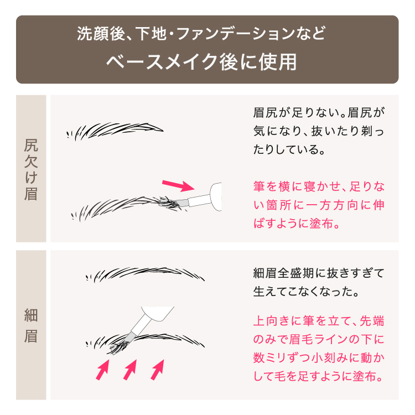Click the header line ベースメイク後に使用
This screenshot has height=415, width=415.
coord(201,62)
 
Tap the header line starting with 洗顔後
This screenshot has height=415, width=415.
coord(201,34)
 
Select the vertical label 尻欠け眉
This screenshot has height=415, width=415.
coord(31,169)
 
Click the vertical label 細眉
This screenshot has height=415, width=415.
coord(31,325)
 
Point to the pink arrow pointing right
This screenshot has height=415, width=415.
coord(178,185)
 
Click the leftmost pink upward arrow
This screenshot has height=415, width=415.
coord(102,370)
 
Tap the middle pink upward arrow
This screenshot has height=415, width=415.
coord(130,370)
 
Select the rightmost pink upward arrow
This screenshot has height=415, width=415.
coord(158,370)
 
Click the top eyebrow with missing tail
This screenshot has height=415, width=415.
coord(115,131)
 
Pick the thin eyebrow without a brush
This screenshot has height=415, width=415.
coord(145,274)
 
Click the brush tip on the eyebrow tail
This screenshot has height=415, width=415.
coord(172,203)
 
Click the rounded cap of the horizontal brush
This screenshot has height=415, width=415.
coord(216,196)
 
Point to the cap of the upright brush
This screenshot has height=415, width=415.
coord(158,314)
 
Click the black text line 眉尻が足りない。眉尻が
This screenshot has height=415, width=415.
coord(319,112)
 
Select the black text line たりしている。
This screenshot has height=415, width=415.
coord(289,149)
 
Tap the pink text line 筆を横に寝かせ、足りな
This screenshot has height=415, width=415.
coord(319,186)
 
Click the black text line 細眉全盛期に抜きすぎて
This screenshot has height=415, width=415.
coord(319,273)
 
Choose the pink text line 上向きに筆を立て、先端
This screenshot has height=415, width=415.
coord(319,321)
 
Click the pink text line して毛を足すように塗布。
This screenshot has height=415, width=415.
coord(318,376)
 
